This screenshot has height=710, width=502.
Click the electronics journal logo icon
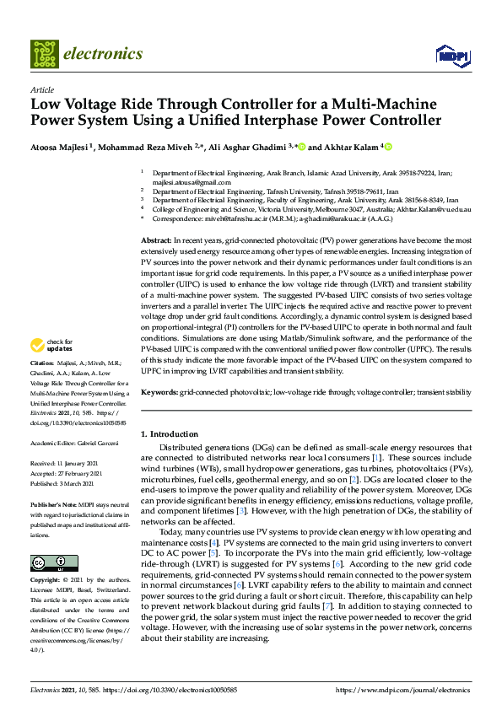pyautogui.click(x=45, y=53)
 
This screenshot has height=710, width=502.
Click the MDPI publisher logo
pyautogui.click(x=451, y=56)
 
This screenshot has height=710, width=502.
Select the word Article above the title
pyautogui.click(x=41, y=89)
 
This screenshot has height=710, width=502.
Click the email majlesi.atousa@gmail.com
pyautogui.click(x=180, y=181)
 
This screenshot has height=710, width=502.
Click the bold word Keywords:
pyautogui.click(x=159, y=393)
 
